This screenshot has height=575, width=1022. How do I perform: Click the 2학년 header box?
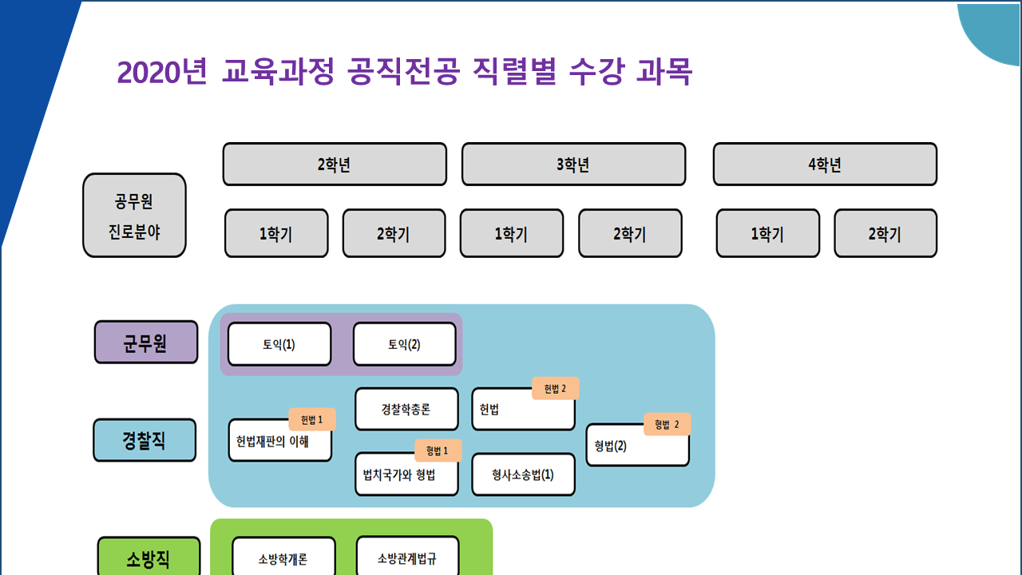click(334, 165)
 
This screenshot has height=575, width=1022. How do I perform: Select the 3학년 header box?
click(573, 165)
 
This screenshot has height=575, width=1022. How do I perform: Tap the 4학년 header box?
click(824, 165)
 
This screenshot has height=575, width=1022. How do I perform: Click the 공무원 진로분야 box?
click(134, 216)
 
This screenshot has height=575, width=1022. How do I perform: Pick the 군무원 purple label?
click(145, 343)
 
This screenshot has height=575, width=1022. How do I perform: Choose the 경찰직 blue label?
click(145, 440)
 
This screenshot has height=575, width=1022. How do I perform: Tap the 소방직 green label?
click(149, 557)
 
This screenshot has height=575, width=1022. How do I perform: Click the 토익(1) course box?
click(279, 344)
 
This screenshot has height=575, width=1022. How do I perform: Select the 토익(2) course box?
click(404, 344)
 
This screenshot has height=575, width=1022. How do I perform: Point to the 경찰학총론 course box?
click(406, 409)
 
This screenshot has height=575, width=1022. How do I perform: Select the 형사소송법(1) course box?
click(523, 474)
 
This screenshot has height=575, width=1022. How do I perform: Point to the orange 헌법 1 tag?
click(312, 419)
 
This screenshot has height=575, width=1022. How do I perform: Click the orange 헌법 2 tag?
click(555, 389)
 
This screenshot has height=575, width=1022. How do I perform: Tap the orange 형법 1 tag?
click(438, 450)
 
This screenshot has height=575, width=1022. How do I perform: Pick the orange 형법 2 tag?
click(666, 424)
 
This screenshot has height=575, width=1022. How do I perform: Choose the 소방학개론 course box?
click(283, 558)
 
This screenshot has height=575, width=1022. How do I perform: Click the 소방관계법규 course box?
click(407, 557)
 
